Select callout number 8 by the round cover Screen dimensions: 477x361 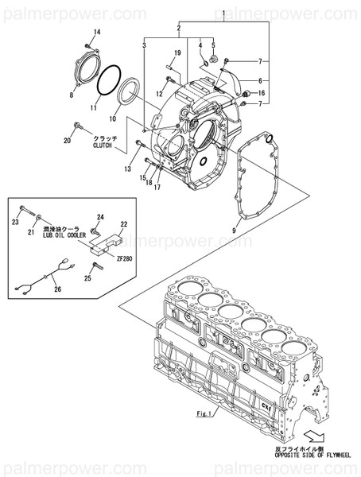click(71, 95)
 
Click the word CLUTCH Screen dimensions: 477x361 click(104, 145)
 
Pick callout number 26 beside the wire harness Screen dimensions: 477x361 click(56, 290)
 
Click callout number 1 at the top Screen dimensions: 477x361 click(224, 13)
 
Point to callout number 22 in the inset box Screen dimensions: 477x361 click(123, 225)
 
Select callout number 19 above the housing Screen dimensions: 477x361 click(178, 52)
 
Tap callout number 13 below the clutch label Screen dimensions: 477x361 click(127, 169)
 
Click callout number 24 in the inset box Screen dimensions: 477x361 click(101, 217)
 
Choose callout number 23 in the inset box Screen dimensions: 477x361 click(16, 224)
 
